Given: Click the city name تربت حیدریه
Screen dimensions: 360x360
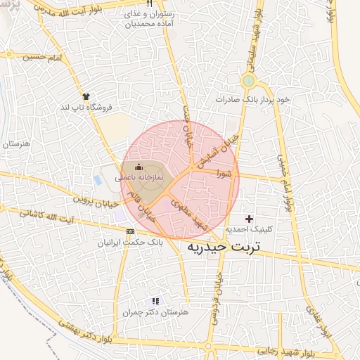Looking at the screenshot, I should point(224,248).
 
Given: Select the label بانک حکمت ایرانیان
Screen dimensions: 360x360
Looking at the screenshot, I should point(133,242).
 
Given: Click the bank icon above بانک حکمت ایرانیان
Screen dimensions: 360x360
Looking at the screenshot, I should point(130,231).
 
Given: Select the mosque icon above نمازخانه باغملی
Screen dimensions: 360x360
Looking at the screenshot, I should point(138,167).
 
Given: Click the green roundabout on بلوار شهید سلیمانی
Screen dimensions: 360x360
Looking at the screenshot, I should point(248,82).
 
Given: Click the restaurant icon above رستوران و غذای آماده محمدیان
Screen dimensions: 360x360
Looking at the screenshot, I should point(148,4).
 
